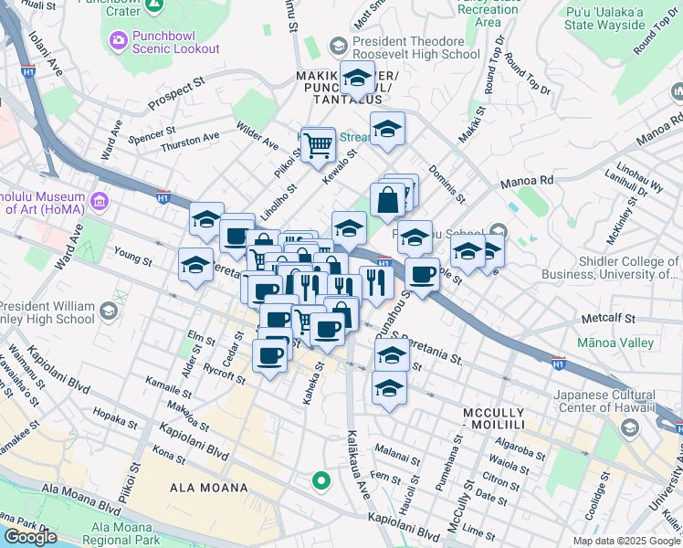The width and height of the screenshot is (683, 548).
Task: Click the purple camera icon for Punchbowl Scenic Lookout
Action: pos(119,40)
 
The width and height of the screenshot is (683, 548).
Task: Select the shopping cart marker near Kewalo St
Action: pos(317,144)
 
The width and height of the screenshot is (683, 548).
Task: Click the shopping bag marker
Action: pos(387,200)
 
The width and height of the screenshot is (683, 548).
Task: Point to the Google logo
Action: pos(30,538)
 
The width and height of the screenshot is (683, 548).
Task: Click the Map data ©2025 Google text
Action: pos(626,541)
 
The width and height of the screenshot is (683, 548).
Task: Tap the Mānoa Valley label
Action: pos(615,342)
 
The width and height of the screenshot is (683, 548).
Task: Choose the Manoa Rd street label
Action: pos(527,181)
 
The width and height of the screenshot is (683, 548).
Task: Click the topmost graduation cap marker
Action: pos(357,79)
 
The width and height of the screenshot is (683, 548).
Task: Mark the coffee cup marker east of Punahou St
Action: pos(421,275)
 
